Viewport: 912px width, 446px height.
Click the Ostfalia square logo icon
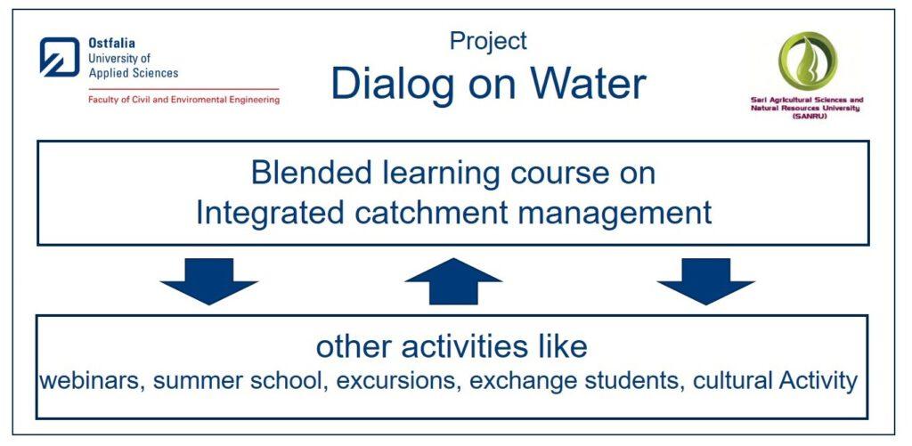tap(60, 57)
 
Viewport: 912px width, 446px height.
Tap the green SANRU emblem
tap(807, 61)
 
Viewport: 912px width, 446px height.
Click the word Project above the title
tap(489, 41)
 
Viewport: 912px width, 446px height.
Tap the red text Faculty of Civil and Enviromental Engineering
tap(183, 100)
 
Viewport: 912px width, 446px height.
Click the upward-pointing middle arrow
tap(453, 281)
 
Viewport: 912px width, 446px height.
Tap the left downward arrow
tap(208, 281)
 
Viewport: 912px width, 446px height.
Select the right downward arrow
tap(705, 281)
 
